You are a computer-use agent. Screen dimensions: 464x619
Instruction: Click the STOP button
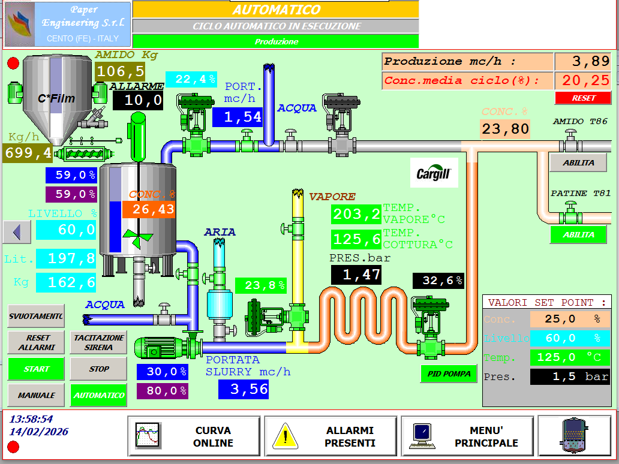[x=98, y=369]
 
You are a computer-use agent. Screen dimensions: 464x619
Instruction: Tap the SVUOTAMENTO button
[x=36, y=316]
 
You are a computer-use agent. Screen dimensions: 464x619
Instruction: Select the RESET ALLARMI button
[x=36, y=342]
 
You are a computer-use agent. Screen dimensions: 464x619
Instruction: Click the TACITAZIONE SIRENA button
[x=98, y=342]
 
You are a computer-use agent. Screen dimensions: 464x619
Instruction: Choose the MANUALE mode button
[x=36, y=395]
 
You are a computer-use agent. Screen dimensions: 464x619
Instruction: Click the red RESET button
[x=583, y=98]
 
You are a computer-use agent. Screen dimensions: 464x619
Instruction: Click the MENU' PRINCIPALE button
[x=467, y=436]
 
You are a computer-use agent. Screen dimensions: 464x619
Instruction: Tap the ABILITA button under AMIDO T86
[x=578, y=162]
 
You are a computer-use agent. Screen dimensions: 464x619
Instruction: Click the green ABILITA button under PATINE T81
[x=578, y=234]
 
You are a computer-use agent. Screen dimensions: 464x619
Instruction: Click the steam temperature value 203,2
[x=356, y=214]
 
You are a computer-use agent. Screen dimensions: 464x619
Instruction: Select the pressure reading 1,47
[x=356, y=275]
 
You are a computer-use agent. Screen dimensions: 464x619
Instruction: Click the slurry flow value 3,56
[x=243, y=389]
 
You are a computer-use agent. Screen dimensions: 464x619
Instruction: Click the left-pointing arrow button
[x=17, y=231]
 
